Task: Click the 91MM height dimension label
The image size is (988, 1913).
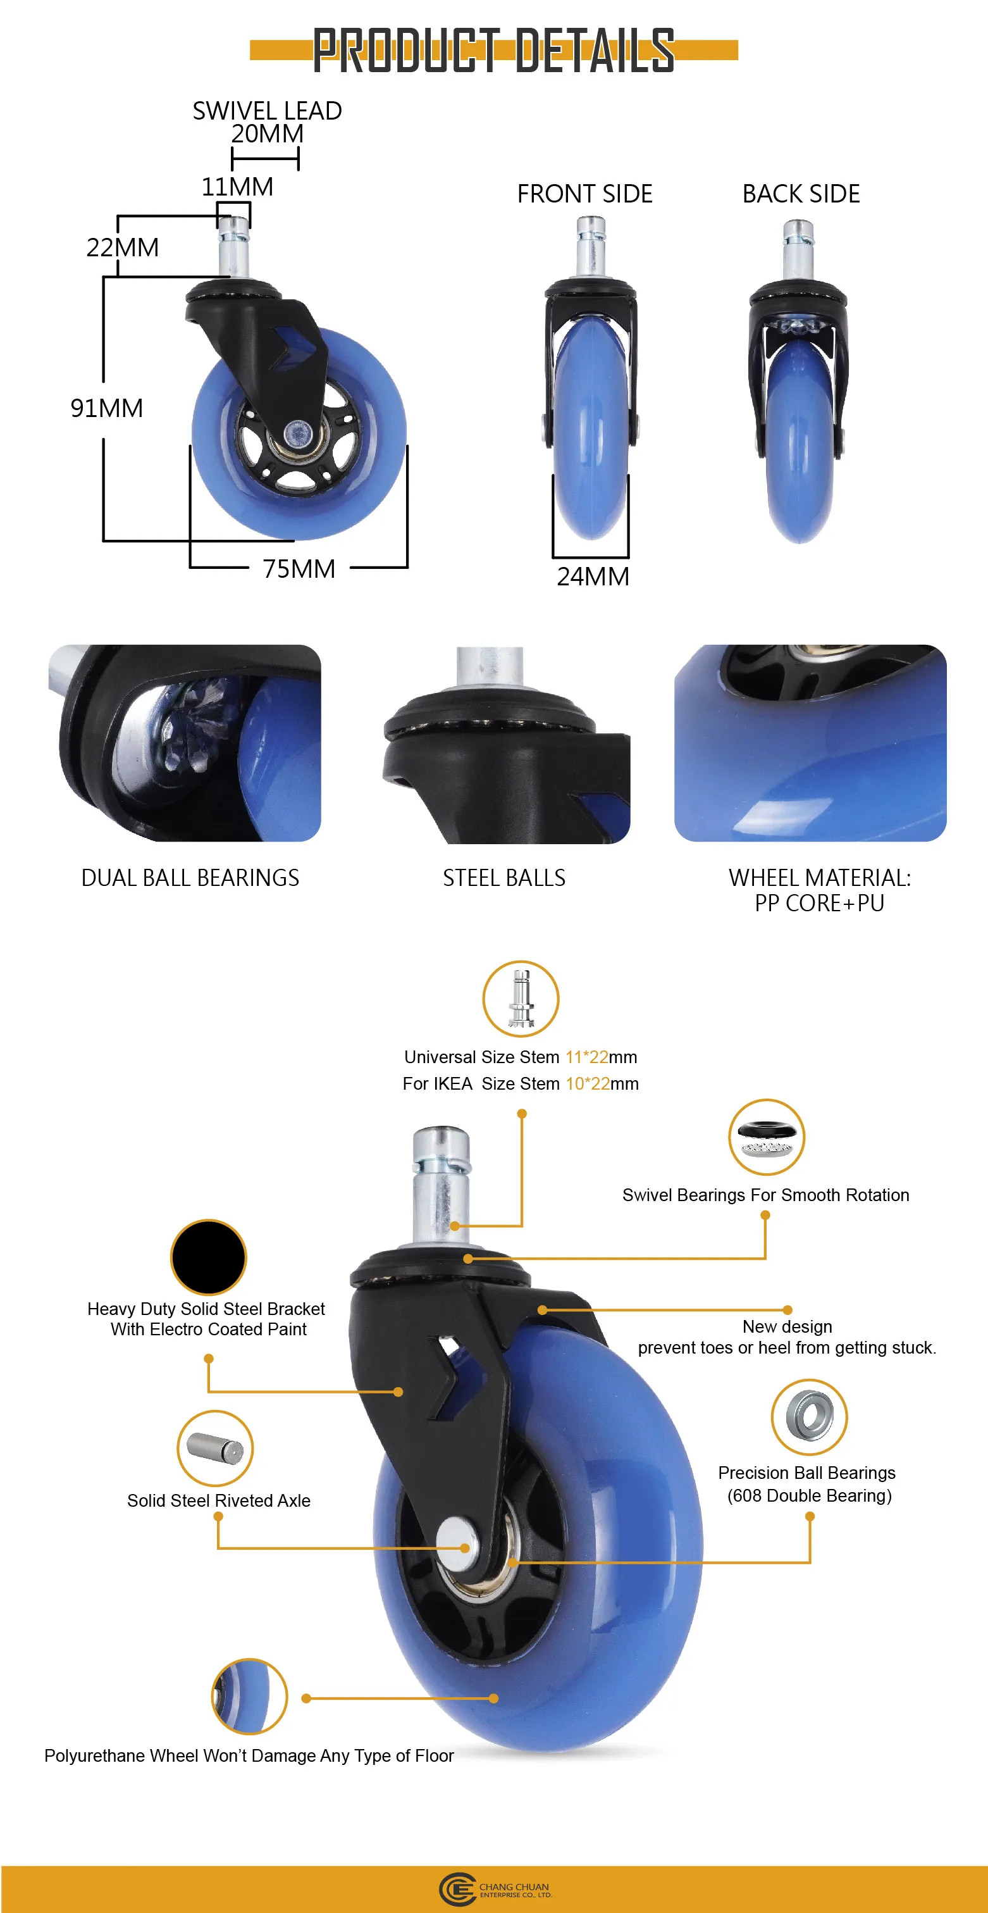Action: [x=106, y=408]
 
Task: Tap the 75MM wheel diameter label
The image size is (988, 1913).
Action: [x=299, y=569]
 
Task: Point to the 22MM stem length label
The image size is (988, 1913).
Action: [x=123, y=247]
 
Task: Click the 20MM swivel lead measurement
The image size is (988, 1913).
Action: [x=266, y=134]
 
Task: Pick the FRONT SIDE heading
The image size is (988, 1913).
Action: [x=584, y=194]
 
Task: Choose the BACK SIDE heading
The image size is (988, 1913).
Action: [x=801, y=194]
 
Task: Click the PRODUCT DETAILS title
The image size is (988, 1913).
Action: [x=493, y=51]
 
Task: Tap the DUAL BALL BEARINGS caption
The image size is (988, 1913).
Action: [x=190, y=878]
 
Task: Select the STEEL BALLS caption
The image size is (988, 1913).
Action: [x=504, y=878]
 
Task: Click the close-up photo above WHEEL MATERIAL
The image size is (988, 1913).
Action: [x=810, y=743]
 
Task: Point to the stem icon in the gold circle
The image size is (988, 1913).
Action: [x=521, y=998]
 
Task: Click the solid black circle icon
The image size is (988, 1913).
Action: [x=209, y=1257]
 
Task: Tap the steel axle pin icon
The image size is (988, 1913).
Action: [x=215, y=1447]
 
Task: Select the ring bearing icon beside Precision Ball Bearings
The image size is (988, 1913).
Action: [x=808, y=1416]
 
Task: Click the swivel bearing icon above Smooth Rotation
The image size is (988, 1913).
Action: [x=766, y=1136]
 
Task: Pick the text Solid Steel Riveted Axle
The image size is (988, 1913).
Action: [x=218, y=1501]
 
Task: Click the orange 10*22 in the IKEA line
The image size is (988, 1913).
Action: [x=586, y=1083]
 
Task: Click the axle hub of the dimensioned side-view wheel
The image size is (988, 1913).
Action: [x=299, y=432]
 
